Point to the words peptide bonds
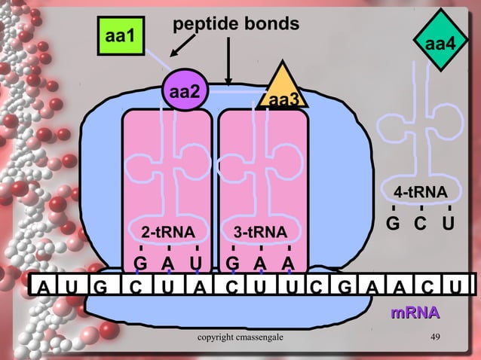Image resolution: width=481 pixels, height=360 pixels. (x=236, y=25)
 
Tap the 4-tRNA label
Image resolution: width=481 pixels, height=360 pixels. (x=421, y=191)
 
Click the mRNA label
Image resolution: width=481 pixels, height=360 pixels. (x=414, y=312)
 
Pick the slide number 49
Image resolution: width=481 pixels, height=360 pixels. (x=435, y=336)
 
